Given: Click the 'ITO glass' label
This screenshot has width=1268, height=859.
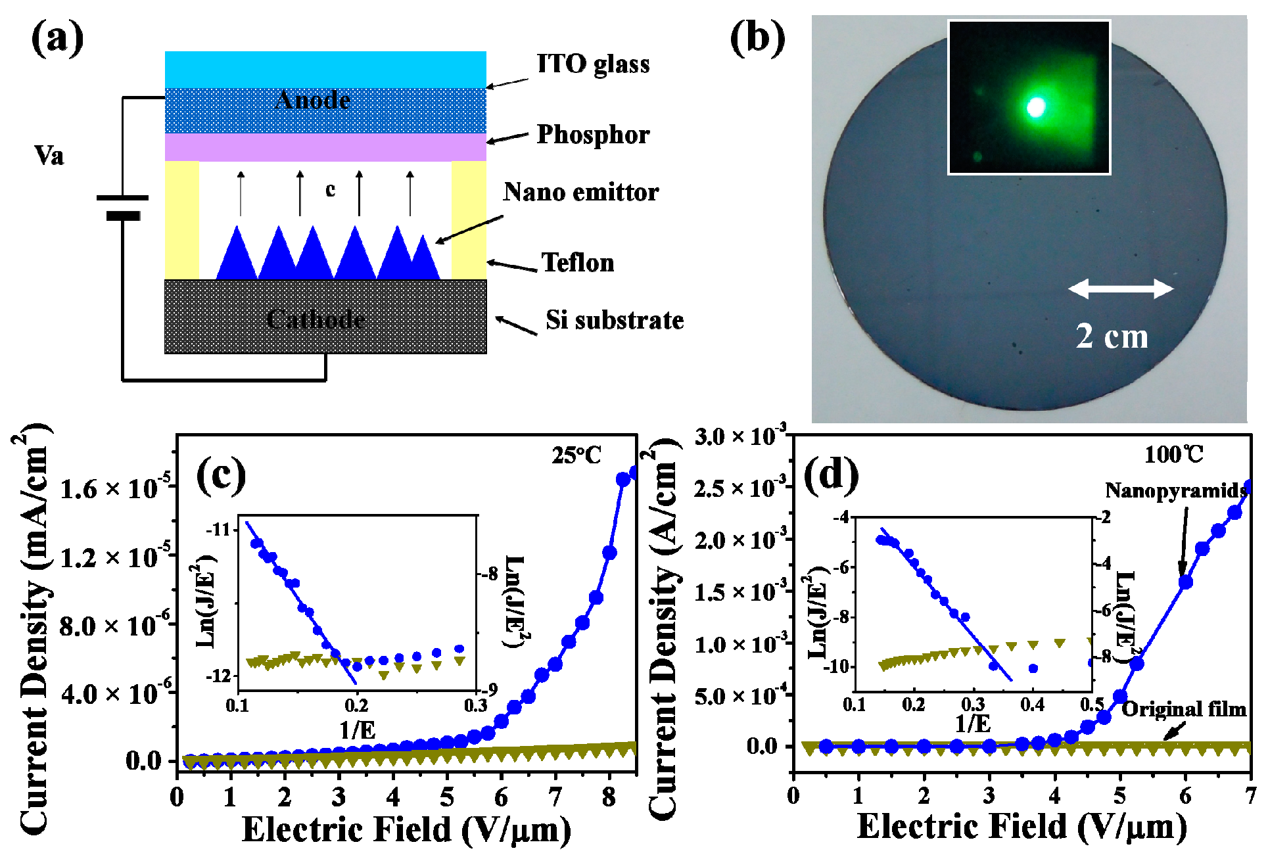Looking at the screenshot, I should point(593,64).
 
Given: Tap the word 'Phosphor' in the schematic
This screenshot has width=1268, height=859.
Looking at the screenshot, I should point(593,135).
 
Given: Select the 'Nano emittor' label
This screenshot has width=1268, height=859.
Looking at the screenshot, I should point(581,193).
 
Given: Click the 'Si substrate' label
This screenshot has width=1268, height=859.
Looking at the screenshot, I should point(615,320).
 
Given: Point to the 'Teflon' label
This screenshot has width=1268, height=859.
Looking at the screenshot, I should point(578,263).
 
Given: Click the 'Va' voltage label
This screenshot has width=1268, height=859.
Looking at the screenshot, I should point(49,156).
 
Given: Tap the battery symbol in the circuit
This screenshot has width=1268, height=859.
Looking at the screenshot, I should point(122,206).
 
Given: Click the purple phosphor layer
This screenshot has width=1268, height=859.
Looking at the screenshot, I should point(325,148).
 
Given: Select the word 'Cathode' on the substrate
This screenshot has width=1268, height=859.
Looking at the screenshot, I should point(316,319).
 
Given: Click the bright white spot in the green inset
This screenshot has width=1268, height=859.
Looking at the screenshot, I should point(1036,107).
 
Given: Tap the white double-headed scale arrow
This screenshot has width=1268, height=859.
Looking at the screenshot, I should point(1121,289).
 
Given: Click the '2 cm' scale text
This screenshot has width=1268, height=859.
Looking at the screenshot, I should point(1112,337).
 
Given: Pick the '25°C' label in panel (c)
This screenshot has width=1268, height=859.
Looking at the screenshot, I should point(576,455).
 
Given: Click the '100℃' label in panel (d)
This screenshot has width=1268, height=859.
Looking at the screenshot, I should point(1173,454).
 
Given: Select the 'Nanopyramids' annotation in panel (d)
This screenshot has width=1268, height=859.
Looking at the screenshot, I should point(1175,490).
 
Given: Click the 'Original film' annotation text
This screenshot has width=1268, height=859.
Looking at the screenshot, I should point(1183,709).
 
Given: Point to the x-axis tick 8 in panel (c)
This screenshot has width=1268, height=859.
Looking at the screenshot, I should point(609,797).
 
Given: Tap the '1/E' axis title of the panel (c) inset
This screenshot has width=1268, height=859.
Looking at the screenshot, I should point(357,730).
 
